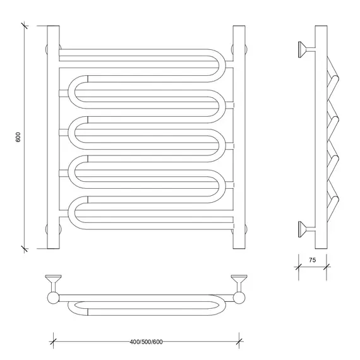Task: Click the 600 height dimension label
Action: coord(18,137)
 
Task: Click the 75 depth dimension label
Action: coord(312,260)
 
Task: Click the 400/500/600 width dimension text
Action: coord(146,342)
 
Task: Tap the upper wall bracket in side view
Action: coord(306,49)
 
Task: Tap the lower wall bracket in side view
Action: coord(306,229)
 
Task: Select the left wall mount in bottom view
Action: coord(53,283)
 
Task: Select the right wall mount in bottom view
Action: coord(239,283)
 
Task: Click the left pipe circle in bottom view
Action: coord(53,298)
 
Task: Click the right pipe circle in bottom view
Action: coord(239,298)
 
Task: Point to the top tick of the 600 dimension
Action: coord(25,26)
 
